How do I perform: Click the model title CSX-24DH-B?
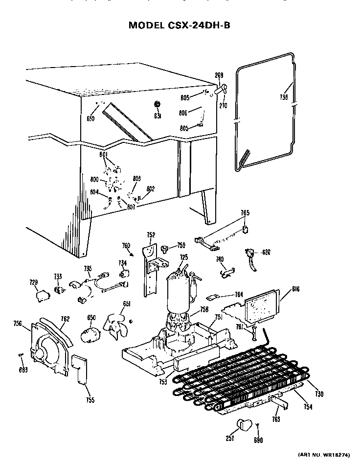point(179,26)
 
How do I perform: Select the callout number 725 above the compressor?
point(184,257)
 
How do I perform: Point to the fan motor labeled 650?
point(90,335)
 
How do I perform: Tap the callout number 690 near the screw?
point(258,440)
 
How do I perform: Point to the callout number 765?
point(245,213)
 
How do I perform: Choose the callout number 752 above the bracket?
point(151,234)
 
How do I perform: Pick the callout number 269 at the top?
point(219,75)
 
